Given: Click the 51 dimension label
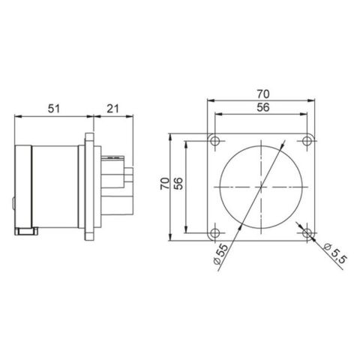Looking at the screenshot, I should pyautogui.click(x=54, y=108).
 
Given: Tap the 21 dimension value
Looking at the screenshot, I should pyautogui.click(x=113, y=108).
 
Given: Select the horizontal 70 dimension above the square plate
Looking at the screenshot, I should pyautogui.click(x=261, y=94).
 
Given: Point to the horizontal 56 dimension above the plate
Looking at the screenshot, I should pyautogui.click(x=261, y=108).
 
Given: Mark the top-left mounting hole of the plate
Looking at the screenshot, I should pyautogui.click(x=215, y=141).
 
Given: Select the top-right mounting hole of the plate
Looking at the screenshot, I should pyautogui.click(x=307, y=141).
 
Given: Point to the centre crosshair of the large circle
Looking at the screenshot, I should pyautogui.click(x=261, y=186).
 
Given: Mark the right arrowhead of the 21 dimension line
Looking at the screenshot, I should pyautogui.click(x=132, y=115).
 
